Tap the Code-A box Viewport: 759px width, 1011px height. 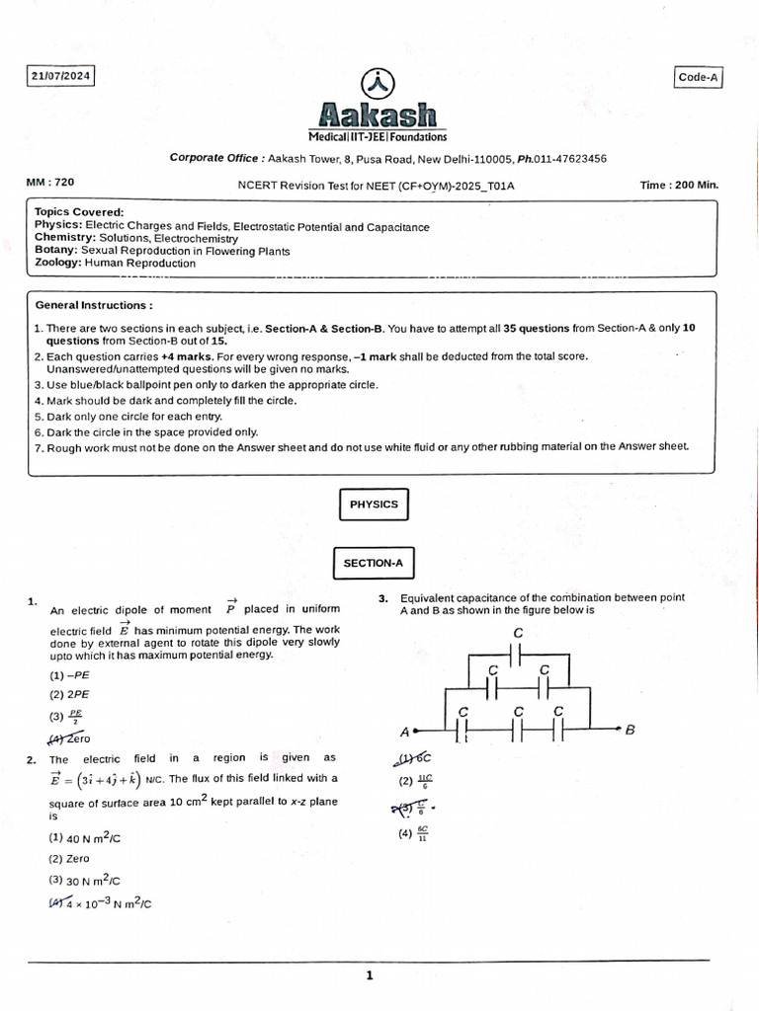point(699,78)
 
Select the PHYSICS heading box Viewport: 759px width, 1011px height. point(374,505)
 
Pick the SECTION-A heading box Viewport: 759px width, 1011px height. point(374,563)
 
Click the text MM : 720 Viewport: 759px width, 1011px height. point(50,183)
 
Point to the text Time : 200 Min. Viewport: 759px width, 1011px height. point(679,185)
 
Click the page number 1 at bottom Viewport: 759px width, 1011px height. point(370,976)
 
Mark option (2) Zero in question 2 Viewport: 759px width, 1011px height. point(69,859)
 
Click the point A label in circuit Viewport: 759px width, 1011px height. point(404,733)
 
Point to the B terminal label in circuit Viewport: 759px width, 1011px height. point(631,730)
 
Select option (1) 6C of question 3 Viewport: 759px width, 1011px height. point(414,759)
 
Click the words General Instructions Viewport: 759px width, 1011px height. point(94,306)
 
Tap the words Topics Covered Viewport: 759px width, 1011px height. point(79,212)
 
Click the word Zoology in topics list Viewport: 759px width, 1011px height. point(57,264)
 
